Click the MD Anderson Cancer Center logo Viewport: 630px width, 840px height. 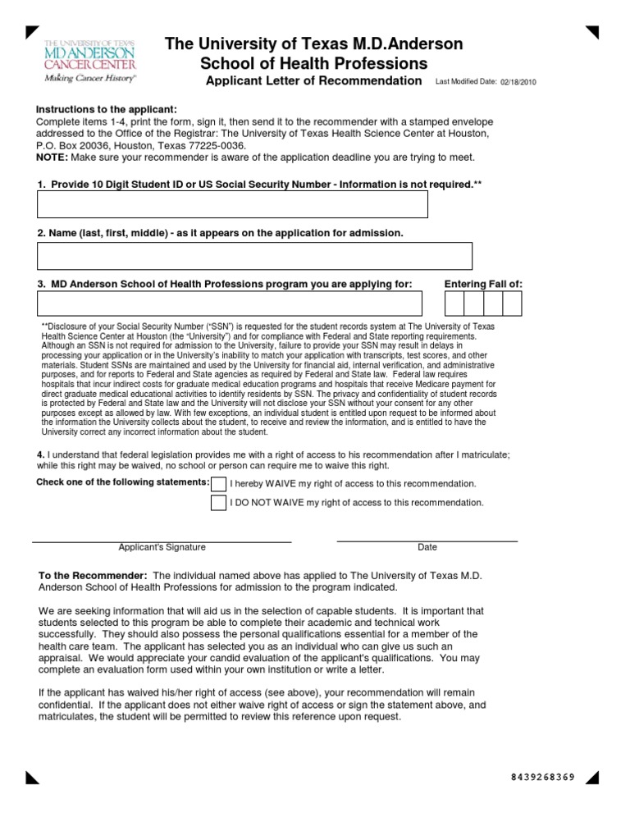90,59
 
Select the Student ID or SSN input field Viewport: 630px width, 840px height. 232,204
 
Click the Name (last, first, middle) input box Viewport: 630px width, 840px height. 254,256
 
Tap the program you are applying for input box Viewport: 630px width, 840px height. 230,304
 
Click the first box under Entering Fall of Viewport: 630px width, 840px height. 454,304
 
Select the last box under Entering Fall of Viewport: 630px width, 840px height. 512,304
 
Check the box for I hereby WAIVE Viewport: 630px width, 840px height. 219,483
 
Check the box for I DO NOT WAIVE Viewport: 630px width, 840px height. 219,503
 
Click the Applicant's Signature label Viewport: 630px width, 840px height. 162,547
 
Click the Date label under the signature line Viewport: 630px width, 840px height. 427,547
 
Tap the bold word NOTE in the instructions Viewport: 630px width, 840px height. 52,157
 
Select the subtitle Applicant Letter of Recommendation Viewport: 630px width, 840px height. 313,81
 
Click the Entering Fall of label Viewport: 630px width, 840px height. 483,284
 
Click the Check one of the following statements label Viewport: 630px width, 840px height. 123,482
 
